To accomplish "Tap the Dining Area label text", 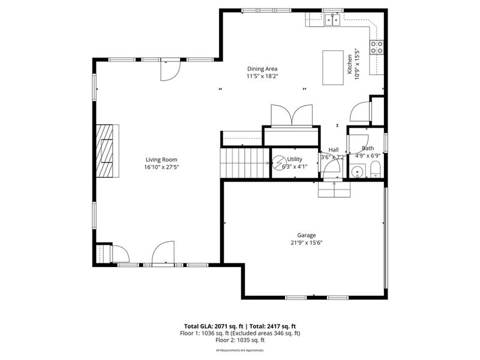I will (262, 68).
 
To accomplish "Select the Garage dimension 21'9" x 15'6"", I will (306, 243).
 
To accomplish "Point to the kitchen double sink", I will (332, 20).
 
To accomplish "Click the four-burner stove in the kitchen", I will (377, 47).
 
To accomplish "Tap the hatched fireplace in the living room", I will (107, 151).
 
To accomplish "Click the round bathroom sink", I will (357, 173).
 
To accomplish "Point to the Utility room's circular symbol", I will (280, 163).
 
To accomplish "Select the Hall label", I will (334, 149).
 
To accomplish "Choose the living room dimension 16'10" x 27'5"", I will (162, 167).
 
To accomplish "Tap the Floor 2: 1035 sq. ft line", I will (240, 340).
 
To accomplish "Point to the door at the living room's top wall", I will (169, 71).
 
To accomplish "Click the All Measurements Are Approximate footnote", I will (240, 350).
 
